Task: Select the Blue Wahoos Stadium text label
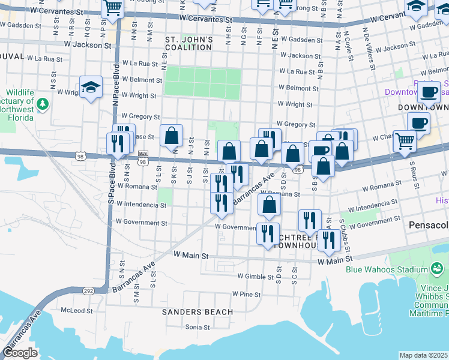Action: [387, 269]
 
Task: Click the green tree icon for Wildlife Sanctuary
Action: [42, 105]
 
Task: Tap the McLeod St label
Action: [77, 311]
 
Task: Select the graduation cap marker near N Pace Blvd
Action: [90, 88]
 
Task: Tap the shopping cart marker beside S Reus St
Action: [405, 142]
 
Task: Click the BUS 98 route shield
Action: [142, 161]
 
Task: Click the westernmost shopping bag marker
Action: [172, 136]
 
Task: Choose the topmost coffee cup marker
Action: [429, 92]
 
